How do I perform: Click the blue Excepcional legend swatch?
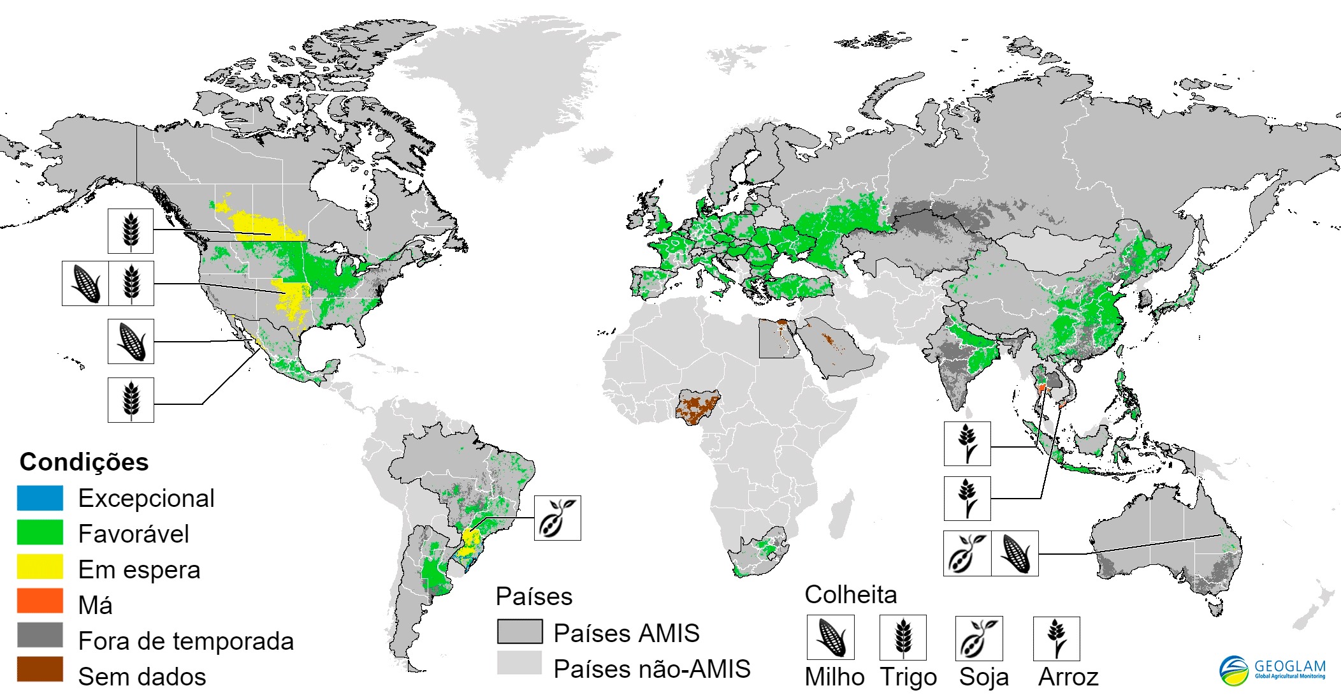click(x=40, y=498)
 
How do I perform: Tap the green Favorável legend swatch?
click(x=40, y=532)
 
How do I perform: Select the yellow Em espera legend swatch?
click(x=40, y=567)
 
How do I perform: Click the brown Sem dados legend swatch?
click(x=40, y=669)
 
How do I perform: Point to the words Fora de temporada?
click(x=185, y=641)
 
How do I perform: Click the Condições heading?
click(x=84, y=462)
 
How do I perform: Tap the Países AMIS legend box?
click(x=520, y=631)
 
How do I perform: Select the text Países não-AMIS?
click(x=651, y=669)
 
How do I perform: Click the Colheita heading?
click(x=850, y=594)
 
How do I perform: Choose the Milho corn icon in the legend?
click(x=830, y=637)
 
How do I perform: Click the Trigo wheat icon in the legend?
click(x=902, y=637)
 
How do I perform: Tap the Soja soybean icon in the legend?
click(x=979, y=638)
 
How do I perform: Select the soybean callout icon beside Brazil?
click(x=557, y=518)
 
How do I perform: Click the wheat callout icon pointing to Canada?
click(x=131, y=231)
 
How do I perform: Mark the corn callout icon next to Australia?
click(x=1015, y=553)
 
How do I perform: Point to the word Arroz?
click(x=1069, y=677)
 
